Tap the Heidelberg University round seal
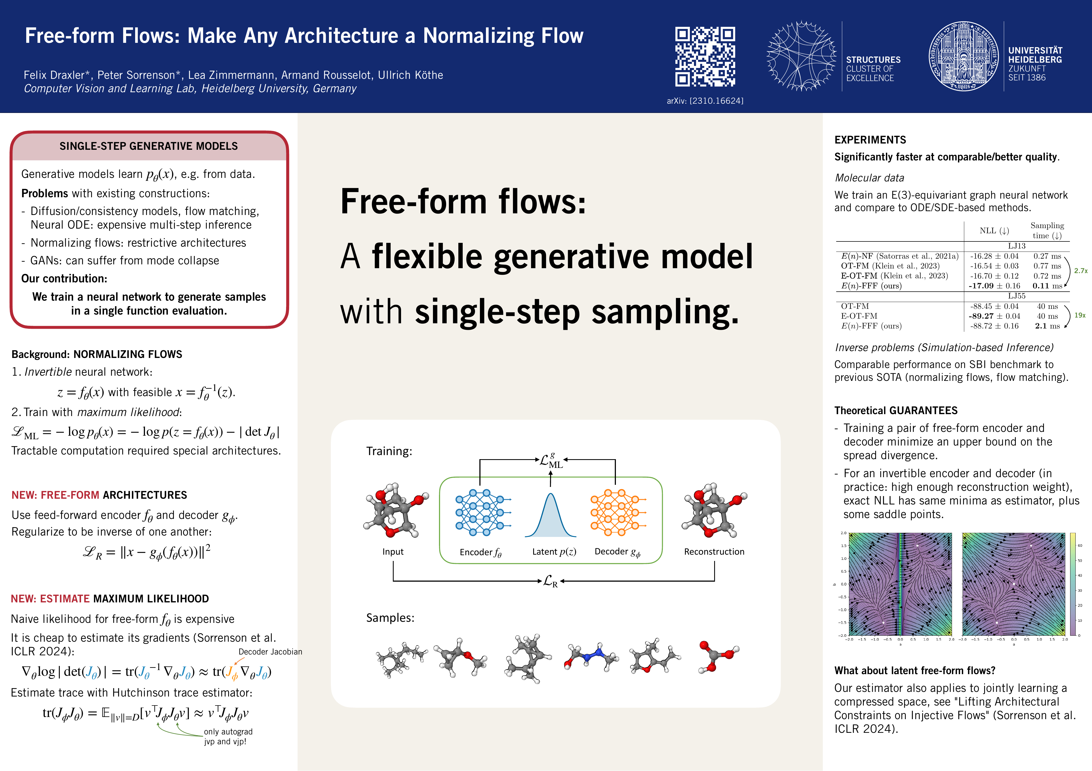(964, 56)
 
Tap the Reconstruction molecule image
(713, 512)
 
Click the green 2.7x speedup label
(1080, 271)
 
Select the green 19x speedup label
(1080, 315)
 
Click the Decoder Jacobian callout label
(270, 652)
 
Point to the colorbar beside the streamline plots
(1073, 584)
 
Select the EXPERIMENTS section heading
(870, 140)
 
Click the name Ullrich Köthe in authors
(410, 75)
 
